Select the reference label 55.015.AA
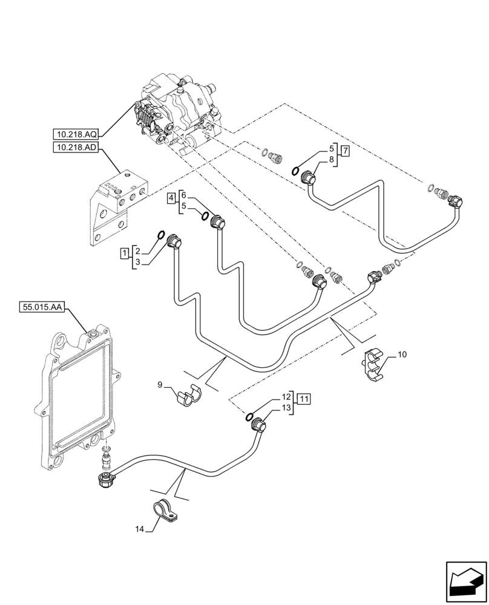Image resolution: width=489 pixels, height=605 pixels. coord(41,308)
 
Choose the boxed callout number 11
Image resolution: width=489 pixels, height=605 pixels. coord(304,399)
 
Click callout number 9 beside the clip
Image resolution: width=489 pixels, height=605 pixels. coord(160,384)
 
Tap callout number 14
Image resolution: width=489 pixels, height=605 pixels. coord(140,529)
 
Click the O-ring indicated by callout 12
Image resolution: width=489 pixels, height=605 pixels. coord(249,416)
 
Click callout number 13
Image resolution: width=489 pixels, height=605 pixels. coord(285,410)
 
